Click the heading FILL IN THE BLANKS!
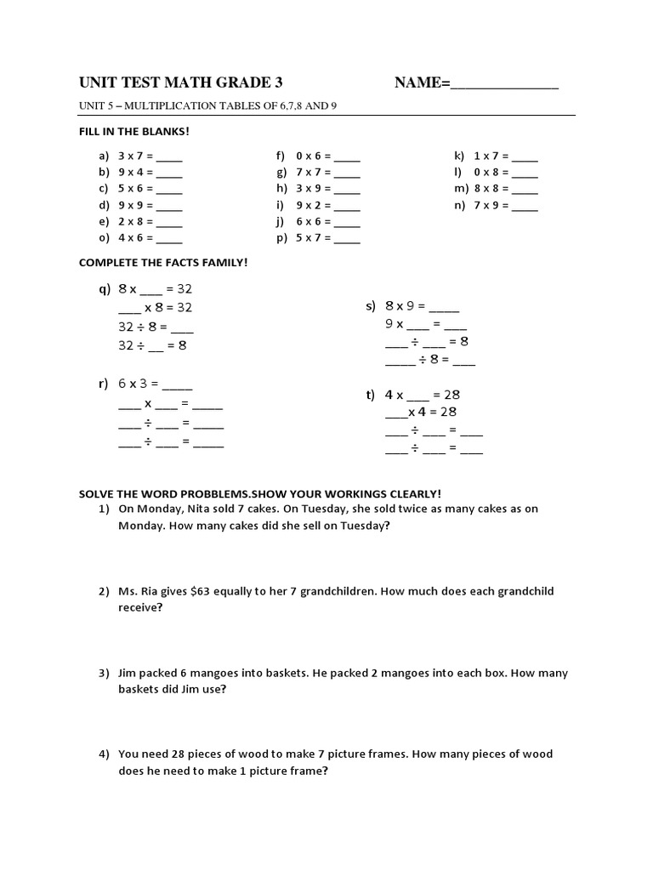click(133, 132)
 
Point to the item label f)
click(280, 157)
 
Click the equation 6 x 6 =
click(314, 221)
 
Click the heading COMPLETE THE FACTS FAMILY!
click(163, 263)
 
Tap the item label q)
click(105, 289)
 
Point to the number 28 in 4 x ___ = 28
click(451, 395)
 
